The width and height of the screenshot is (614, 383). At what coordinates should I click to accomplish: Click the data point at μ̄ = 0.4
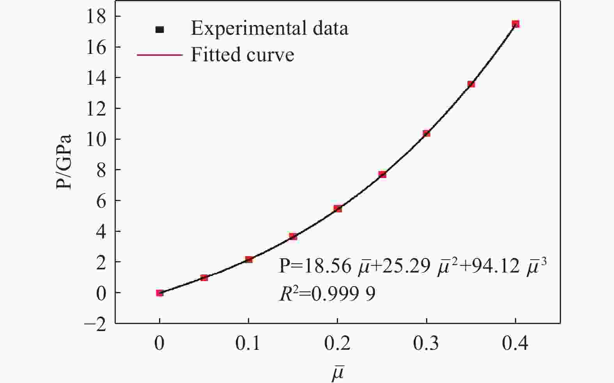coord(515,24)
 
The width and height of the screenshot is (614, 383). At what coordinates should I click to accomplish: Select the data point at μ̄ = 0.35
coord(471,84)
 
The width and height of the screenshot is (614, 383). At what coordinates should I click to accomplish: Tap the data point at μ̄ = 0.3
coord(426,134)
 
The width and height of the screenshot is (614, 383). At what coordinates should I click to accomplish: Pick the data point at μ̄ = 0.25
coord(382,175)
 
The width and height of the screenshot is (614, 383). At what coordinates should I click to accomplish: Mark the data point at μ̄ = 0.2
coord(338,209)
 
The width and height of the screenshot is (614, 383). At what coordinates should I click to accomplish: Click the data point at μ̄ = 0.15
coord(293,237)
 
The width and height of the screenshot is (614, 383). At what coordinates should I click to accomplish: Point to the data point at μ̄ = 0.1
coord(249,260)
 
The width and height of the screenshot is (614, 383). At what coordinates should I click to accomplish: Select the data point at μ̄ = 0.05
coord(204,278)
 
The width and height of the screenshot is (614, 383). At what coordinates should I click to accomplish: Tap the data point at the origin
coord(159,293)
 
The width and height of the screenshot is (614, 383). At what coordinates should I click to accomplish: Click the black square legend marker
coord(159,30)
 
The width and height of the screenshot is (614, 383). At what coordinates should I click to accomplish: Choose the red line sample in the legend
coord(159,55)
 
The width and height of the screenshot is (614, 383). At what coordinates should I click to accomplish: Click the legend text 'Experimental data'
coord(269,29)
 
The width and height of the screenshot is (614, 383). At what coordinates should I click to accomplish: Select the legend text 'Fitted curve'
coord(242,55)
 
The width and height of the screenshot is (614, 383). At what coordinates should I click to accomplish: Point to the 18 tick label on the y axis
coord(97,17)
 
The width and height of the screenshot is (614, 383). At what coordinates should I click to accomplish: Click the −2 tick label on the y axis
coord(95,324)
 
